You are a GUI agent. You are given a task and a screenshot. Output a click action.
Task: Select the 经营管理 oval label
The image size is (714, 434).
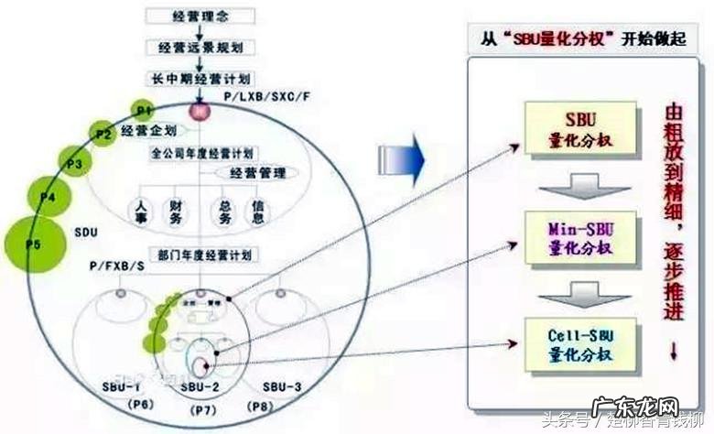point(254,172)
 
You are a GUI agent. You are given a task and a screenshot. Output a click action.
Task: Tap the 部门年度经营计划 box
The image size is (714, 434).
point(202,254)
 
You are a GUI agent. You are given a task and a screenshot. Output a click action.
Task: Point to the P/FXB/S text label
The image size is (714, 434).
point(118,266)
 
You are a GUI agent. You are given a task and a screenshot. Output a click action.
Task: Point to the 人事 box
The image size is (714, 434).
point(142,212)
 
